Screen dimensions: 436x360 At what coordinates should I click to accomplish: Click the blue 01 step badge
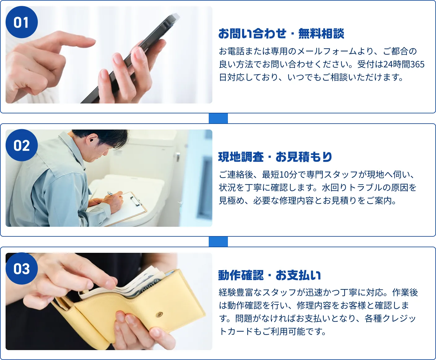(x=21, y=22)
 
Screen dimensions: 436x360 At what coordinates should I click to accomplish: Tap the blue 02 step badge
(x=21, y=145)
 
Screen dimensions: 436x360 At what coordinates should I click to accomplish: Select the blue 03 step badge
(x=21, y=269)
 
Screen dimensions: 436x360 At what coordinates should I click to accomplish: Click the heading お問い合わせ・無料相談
(x=281, y=33)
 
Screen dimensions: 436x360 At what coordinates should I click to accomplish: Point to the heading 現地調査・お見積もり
(x=275, y=157)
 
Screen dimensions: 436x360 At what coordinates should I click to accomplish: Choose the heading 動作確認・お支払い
(x=269, y=275)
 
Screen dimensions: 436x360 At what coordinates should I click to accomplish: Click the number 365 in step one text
(x=417, y=64)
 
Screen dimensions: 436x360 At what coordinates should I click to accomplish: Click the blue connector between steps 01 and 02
(x=218, y=118)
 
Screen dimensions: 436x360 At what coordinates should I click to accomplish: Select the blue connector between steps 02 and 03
(x=218, y=242)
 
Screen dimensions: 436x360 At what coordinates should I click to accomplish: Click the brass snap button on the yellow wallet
(x=159, y=314)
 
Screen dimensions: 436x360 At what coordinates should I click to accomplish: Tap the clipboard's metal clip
(x=136, y=201)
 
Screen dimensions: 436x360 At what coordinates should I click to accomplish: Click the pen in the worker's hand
(x=110, y=193)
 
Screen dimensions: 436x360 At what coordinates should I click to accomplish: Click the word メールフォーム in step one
(x=327, y=51)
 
